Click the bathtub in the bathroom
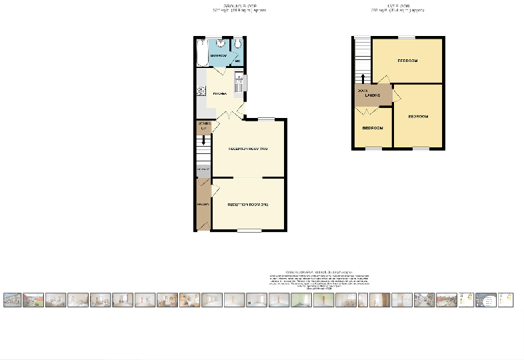click(203, 51)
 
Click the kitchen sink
click(238, 84)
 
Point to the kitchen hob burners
click(201, 91)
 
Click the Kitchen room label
click(218, 94)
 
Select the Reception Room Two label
click(248, 148)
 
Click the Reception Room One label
click(248, 204)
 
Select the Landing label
click(373, 96)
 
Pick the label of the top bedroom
click(407, 61)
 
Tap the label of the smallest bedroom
click(372, 128)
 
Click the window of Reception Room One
click(249, 231)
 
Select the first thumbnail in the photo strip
click(11, 300)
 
